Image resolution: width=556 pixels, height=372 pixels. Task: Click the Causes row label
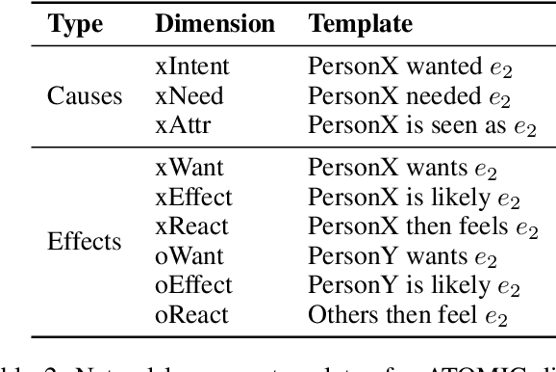pos(85,96)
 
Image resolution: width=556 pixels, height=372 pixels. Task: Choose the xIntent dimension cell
pos(193,66)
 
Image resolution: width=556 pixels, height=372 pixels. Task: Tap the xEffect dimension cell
pos(193,197)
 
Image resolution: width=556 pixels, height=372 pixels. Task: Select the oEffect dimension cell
pos(193,284)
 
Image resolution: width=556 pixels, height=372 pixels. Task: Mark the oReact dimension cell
pos(192,314)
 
